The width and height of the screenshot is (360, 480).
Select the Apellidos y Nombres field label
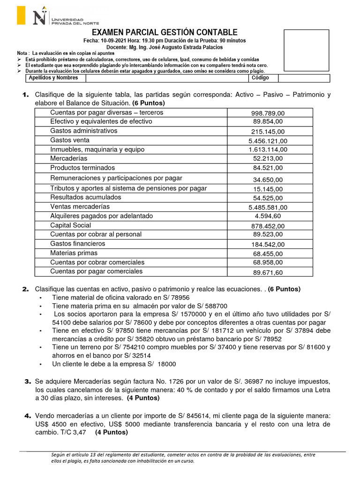[53, 78]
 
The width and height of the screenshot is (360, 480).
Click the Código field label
[261, 78]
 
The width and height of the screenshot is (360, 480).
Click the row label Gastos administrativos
[83, 131]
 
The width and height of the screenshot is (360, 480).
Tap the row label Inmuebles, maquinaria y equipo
[97, 150]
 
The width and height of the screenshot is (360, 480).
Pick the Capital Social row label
[70, 225]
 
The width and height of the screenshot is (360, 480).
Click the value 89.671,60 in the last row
[268, 272]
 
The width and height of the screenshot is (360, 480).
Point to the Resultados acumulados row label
[85, 197]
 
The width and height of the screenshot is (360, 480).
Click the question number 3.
[27, 381]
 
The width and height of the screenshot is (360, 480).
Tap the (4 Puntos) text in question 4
[111, 433]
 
